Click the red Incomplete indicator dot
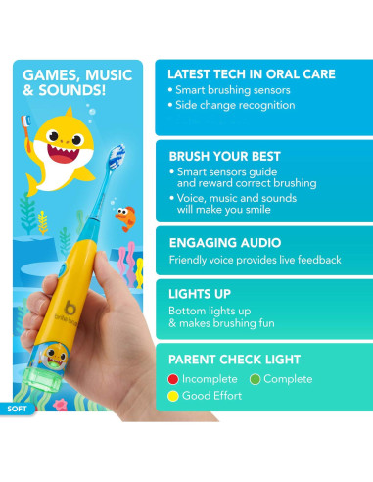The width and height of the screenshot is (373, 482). [173, 378]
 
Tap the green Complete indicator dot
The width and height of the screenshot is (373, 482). [256, 378]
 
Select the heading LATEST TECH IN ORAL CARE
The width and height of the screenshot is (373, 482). [251, 74]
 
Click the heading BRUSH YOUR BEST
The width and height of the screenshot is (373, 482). [224, 156]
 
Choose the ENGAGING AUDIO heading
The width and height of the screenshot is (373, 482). [224, 242]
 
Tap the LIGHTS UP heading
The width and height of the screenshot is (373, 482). [200, 292]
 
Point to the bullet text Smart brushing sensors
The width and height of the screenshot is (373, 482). [233, 90]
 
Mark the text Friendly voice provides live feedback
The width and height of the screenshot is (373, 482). [255, 260]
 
